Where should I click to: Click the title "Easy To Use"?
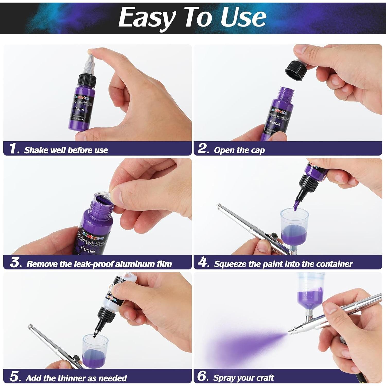tap(192, 17)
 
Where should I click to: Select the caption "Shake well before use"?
tap(66, 150)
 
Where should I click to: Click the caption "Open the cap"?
tap(239, 150)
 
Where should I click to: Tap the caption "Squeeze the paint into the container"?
tap(283, 264)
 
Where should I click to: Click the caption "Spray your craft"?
tap(243, 378)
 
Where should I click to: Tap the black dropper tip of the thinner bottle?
tap(96, 332)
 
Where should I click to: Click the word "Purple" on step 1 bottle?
tap(79, 109)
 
